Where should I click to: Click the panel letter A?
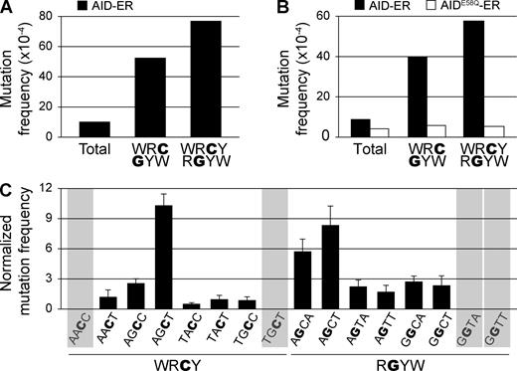tap(7, 9)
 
